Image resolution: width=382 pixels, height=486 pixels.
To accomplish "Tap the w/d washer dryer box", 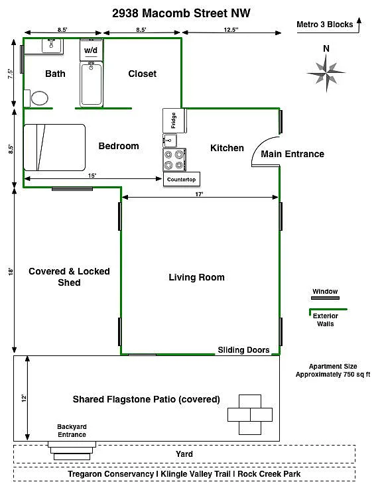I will click(91, 50).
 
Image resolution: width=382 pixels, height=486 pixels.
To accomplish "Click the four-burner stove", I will click(174, 160).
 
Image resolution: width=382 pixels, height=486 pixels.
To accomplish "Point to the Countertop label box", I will click(182, 179).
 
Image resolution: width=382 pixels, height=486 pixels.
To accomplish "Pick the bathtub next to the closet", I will click(92, 84).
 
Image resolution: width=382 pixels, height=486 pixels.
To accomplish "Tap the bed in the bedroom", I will click(54, 147).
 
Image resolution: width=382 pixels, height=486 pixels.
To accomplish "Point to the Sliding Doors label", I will click(243, 350).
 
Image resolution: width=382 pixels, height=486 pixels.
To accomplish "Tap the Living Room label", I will click(196, 277).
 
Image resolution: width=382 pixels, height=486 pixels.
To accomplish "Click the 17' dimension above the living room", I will click(199, 194).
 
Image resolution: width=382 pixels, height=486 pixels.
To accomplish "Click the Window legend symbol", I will click(325, 298).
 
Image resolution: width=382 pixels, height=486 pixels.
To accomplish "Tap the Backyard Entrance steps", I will click(70, 451).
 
